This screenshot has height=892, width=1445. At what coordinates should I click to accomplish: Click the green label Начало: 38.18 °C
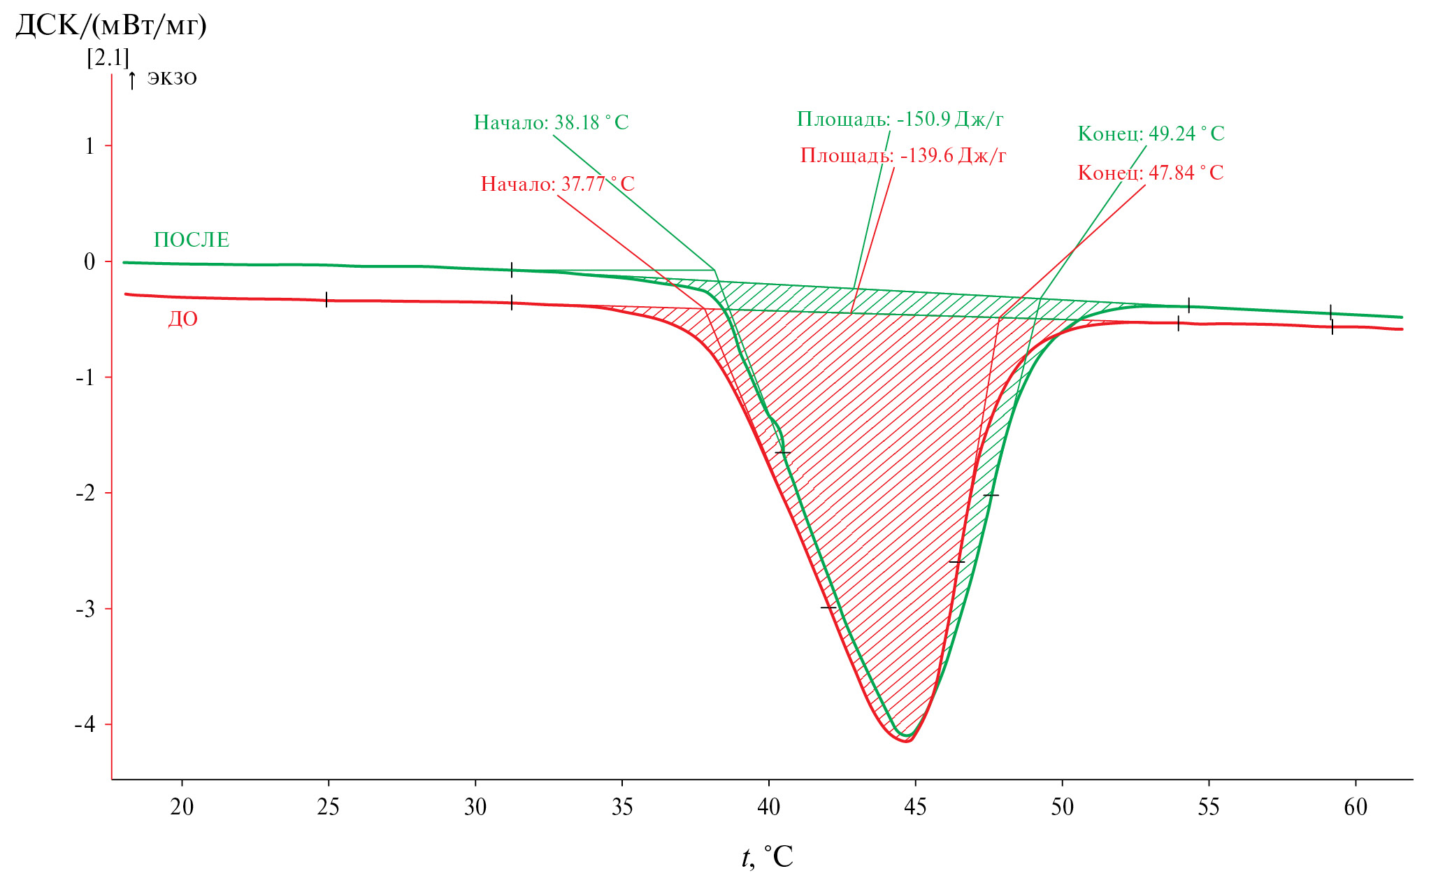point(551,123)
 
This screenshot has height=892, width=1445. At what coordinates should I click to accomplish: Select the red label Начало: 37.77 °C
point(557,185)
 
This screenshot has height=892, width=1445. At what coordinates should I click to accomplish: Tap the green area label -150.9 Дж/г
point(900,120)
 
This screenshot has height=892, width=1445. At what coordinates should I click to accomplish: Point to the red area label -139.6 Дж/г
point(903,156)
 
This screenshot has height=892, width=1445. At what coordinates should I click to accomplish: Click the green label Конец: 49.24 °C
point(1151,134)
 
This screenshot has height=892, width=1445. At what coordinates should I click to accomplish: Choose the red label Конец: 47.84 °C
point(1151,173)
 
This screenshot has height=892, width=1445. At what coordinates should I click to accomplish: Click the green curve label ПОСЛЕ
point(192,240)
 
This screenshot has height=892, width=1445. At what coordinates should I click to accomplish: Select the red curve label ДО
point(182,319)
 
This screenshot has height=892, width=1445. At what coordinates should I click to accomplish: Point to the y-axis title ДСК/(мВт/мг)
point(111,27)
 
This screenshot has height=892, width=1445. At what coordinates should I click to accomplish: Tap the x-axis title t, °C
point(767,857)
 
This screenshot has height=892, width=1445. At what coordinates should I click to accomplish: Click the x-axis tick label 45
point(914,808)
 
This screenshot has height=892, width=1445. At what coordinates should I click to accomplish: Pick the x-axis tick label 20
point(182,808)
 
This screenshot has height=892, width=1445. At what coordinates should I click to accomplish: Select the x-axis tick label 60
point(1355,808)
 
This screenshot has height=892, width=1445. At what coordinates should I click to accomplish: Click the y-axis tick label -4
point(85,724)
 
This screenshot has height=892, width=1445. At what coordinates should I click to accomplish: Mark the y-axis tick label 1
point(89,146)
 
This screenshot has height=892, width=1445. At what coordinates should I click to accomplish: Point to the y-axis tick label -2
point(85,493)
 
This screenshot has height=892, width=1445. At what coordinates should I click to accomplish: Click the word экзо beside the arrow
point(172,78)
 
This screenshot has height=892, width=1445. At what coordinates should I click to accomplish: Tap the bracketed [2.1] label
point(108,57)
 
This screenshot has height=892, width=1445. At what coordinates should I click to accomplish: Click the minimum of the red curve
point(906,741)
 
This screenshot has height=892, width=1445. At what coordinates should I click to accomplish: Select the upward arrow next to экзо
point(132,80)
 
